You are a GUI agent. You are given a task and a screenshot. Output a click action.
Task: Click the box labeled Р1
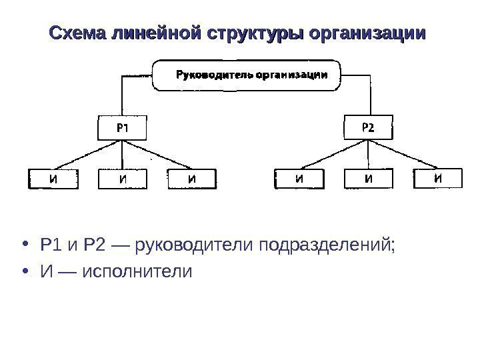click(123, 127)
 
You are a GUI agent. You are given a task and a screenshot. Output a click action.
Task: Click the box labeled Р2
click(367, 127)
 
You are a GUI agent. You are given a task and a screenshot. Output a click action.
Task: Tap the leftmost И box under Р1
click(53, 179)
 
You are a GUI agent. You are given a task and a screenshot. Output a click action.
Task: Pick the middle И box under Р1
click(123, 179)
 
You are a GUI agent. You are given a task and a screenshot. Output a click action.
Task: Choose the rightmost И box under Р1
click(192, 179)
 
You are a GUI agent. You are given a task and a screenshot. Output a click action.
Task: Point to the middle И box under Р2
click(367, 179)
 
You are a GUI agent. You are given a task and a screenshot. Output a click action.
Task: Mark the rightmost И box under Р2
click(437, 178)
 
